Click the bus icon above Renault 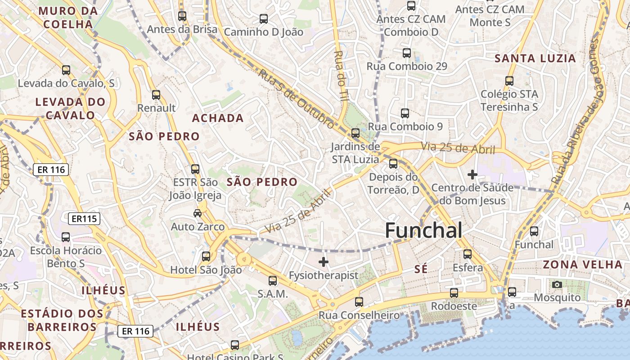pos(156,95)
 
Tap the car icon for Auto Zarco pos(197,213)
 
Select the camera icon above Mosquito pos(557,284)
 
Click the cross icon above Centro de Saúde pos(472,174)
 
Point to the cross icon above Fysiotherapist pos(323,261)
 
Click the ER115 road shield pos(84,219)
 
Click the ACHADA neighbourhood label pos(218,118)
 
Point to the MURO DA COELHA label pos(68,17)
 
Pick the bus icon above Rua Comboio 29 pos(407,53)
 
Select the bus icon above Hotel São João pos(206,256)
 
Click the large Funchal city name pos(423,230)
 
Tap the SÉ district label pos(420,269)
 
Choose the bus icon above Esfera pos(468,254)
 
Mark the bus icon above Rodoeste pos(454,292)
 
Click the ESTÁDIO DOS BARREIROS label pos(59,320)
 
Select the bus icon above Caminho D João pos(264,19)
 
